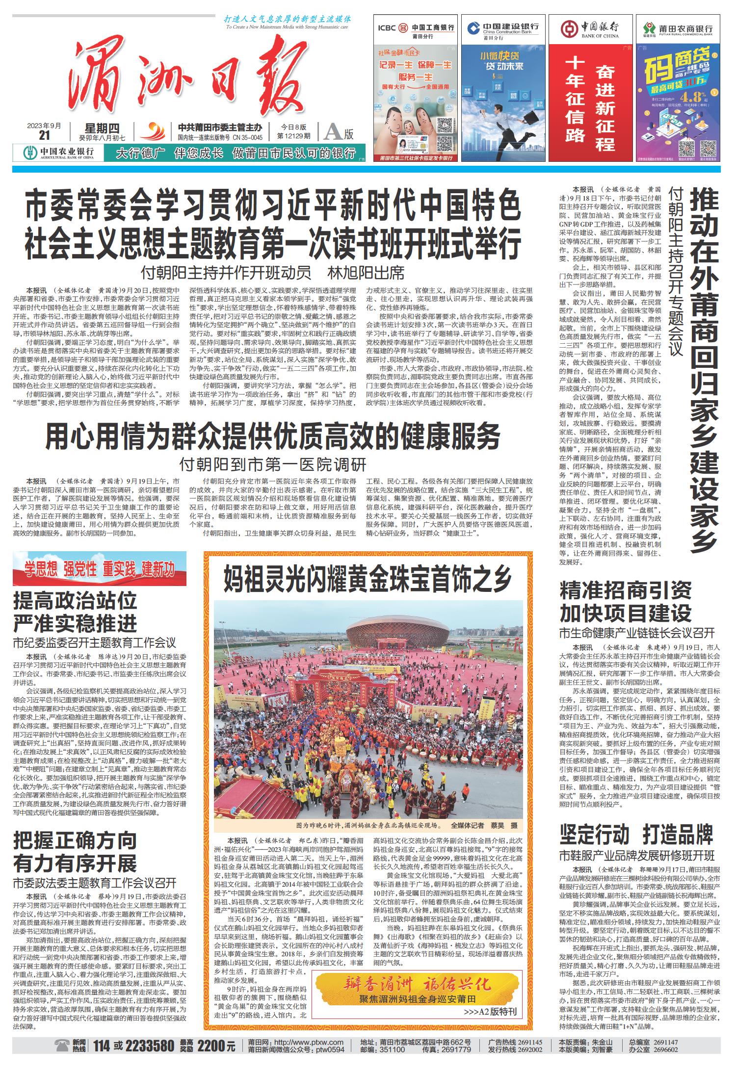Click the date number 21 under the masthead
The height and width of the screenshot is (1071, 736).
pyautogui.click(x=45, y=135)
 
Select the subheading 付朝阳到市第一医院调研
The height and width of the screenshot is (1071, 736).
pyautogui.click(x=273, y=463)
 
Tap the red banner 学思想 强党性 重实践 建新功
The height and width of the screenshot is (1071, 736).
pyautogui.click(x=100, y=570)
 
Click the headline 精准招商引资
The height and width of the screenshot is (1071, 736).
pyautogui.click(x=626, y=590)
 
